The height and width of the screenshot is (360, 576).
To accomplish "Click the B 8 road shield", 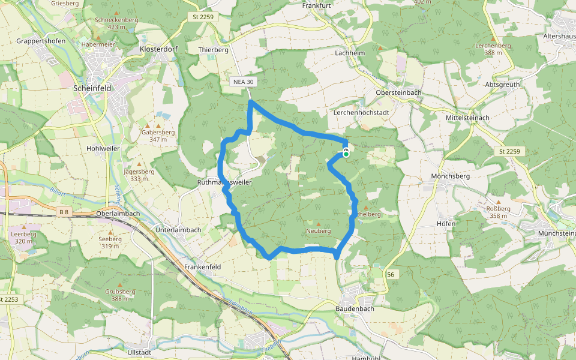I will [65, 212].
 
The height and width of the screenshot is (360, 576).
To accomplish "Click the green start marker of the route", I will [346, 154].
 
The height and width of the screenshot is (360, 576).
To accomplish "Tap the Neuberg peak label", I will [318, 230].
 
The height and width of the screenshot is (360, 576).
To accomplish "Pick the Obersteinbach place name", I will [398, 92].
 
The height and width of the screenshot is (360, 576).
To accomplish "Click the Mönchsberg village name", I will [450, 176].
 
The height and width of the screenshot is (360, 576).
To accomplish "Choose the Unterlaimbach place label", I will [178, 230].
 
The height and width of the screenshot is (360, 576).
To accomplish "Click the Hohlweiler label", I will [103, 148].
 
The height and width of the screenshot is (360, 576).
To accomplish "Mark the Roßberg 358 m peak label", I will [499, 212].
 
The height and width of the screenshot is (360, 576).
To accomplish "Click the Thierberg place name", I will [214, 50].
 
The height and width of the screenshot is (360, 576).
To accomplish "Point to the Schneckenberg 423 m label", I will [116, 23].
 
